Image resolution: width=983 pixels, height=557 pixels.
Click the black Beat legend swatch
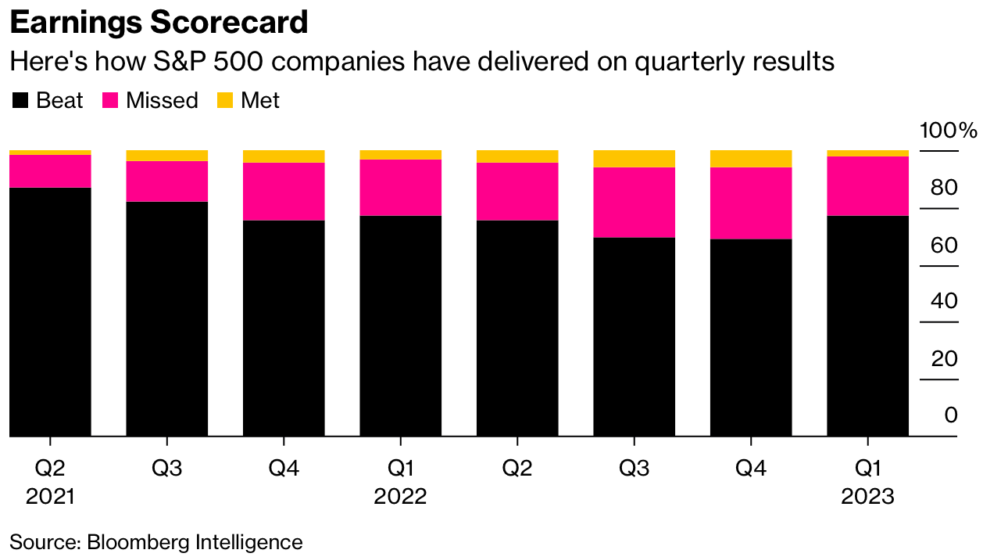[21, 100]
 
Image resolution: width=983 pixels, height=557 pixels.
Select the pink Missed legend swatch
[110, 100]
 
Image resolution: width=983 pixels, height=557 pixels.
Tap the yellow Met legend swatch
[224, 100]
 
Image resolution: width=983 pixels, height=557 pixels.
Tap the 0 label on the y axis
[950, 415]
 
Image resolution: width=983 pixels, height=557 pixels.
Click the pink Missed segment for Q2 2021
[50, 171]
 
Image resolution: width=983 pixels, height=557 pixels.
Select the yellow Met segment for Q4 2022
[750, 159]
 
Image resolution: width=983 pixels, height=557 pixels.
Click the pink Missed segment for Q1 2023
[867, 186]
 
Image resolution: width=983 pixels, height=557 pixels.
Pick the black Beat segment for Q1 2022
[400, 325]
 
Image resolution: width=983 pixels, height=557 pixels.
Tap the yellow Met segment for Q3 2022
[634, 159]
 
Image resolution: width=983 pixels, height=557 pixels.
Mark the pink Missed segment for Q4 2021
[284, 192]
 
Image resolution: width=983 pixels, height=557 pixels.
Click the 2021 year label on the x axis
[50, 497]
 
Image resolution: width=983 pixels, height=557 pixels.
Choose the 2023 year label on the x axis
[867, 497]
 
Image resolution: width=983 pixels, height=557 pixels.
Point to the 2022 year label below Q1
[400, 497]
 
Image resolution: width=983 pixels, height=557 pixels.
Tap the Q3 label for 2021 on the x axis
[166, 469]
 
